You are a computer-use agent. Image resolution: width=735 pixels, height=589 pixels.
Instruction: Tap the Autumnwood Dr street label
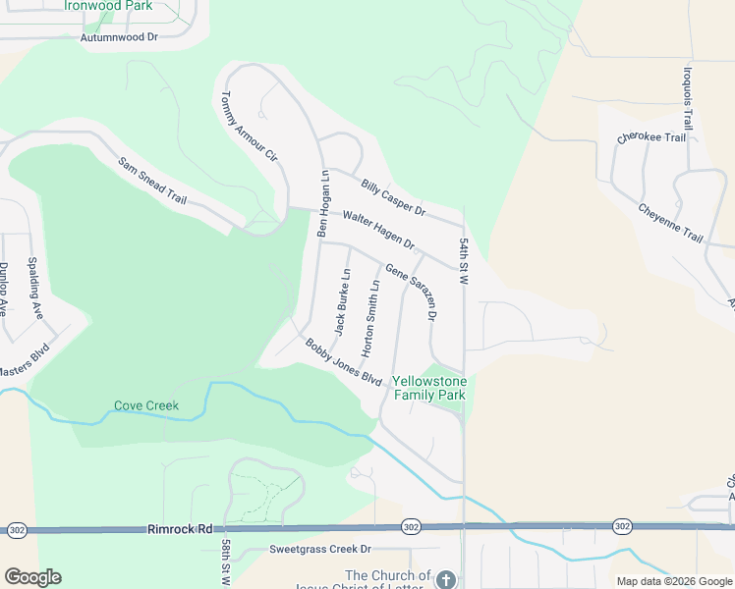pos(120,37)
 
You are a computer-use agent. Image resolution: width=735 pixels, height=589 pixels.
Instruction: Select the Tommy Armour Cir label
pos(250,128)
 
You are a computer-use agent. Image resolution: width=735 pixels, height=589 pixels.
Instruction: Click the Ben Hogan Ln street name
pos(321,203)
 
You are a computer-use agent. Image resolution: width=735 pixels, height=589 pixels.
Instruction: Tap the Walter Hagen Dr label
pos(378,230)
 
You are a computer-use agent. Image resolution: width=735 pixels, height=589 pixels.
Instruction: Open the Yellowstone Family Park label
pos(428,388)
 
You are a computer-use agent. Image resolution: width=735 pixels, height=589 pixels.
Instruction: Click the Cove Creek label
pos(146,404)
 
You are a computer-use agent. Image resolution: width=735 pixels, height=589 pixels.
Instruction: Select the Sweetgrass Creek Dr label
pos(320,550)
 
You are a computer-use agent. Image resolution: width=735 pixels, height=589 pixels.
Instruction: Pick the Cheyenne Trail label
pos(671,223)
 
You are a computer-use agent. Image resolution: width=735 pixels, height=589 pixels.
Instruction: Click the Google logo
pos(32,577)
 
